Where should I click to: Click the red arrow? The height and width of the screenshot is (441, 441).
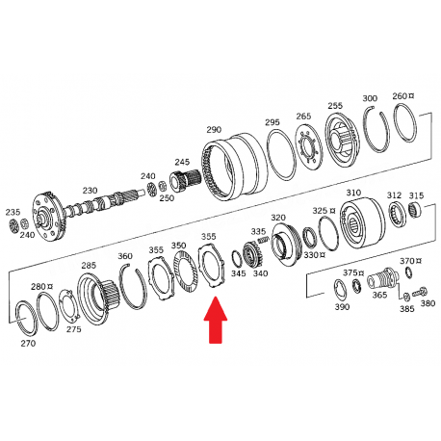click(x=216, y=320)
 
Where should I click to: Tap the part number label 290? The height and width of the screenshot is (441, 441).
click(x=214, y=130)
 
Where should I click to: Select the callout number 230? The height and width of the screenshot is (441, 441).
click(x=90, y=191)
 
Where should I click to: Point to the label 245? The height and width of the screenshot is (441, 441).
click(x=182, y=162)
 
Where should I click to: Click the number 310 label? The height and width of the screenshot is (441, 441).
click(x=353, y=193)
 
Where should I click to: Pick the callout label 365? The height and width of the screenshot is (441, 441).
click(x=379, y=295)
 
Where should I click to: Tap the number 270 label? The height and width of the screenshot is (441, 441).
click(x=28, y=343)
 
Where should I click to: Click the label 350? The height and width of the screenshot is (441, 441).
click(x=178, y=246)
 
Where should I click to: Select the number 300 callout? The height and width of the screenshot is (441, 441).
click(x=370, y=98)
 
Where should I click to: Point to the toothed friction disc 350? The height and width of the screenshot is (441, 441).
click(x=186, y=272)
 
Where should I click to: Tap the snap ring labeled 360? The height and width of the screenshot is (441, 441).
click(x=132, y=286)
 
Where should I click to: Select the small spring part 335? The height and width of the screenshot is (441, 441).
click(x=263, y=239)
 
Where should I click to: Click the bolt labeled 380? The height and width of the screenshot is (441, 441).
click(x=420, y=292)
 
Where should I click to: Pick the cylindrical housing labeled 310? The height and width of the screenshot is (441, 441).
click(x=362, y=223)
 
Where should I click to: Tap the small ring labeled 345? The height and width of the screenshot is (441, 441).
click(x=237, y=260)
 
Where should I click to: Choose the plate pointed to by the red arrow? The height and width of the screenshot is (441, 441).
click(x=213, y=266)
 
